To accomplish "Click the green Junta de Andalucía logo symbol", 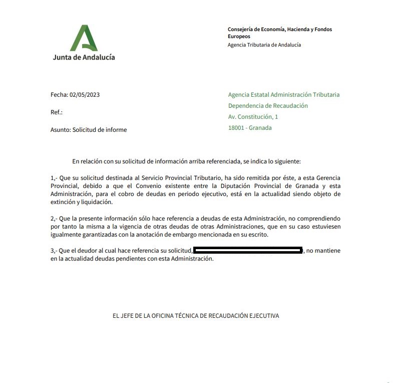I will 84,38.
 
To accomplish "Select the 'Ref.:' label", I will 57,112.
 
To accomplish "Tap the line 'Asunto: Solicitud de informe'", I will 89,130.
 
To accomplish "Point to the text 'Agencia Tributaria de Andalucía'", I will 264,45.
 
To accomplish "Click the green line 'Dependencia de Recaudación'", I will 268,106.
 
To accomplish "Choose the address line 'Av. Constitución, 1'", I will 253,117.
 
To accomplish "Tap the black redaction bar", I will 248,250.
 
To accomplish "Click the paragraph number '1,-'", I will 55,178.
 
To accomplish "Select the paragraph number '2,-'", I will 55,219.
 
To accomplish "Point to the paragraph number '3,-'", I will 55,250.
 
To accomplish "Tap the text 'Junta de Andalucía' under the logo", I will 84,57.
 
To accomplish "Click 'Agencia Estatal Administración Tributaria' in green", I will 283,95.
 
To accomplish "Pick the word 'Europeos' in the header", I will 239,36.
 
